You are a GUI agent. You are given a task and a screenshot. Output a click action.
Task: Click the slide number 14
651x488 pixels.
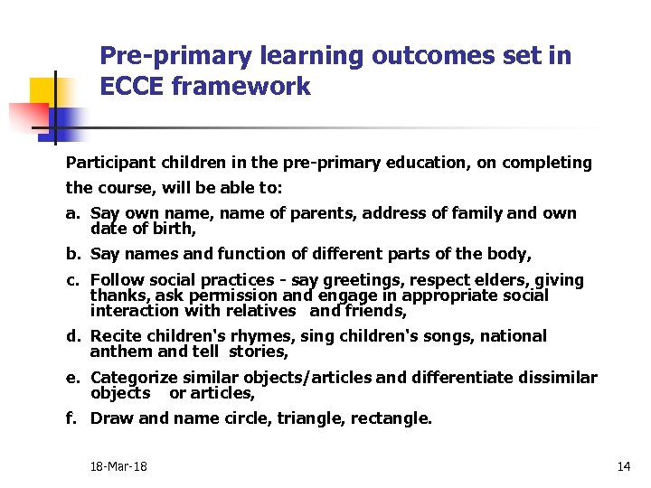click(623, 466)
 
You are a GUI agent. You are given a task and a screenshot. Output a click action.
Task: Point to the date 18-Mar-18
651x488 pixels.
click(118, 466)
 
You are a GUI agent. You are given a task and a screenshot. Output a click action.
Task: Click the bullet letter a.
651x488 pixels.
click(71, 214)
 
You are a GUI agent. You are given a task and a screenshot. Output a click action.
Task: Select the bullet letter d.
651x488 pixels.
click(71, 336)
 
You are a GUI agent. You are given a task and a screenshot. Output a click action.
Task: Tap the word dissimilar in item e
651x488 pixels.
click(553, 377)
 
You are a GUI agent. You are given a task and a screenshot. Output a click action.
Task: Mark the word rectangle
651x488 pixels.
click(392, 418)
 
